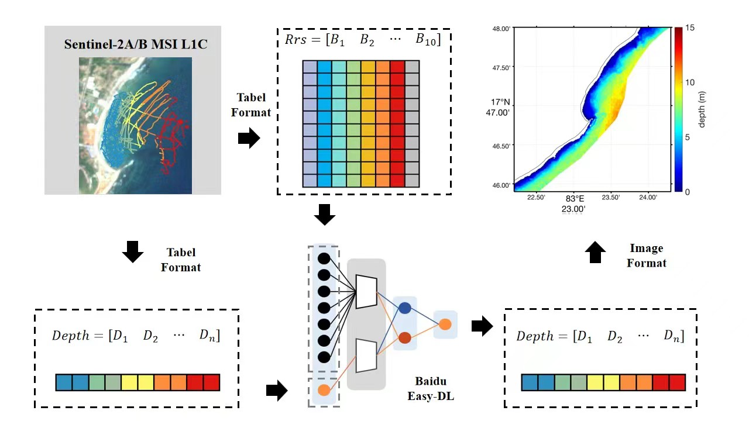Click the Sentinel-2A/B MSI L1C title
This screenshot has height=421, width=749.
136,44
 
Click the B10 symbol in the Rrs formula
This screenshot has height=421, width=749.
427,40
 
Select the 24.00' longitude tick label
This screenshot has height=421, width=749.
648,198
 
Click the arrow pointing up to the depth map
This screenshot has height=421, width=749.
595,252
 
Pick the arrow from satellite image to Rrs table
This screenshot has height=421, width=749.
249,139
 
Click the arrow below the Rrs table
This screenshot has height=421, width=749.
325,215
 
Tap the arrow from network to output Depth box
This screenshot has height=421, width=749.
482,326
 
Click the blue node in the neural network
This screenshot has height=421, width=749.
404,308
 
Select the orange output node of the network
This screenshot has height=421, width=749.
445,324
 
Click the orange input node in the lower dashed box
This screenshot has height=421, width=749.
324,390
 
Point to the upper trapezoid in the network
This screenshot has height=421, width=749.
366,291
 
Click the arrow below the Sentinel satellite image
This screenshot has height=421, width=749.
133,251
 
